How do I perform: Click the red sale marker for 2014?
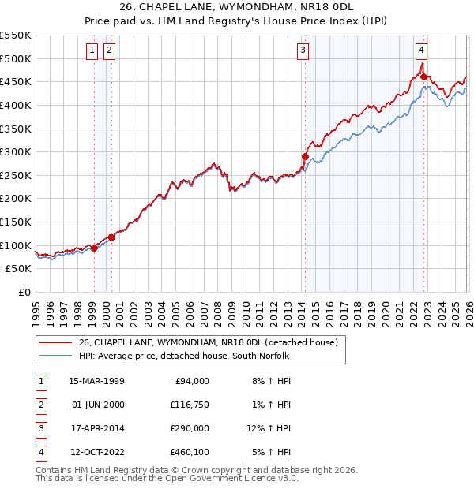pos(305,157)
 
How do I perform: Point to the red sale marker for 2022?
pos(424,77)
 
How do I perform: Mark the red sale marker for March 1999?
pos(94,248)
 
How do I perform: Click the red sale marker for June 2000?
pos(111,237)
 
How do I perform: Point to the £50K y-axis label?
pos(19,269)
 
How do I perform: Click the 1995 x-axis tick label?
pos(36,308)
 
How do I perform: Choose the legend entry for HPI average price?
pos(184,356)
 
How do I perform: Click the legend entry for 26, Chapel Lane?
pos(208,342)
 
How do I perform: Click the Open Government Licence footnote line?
pos(167,478)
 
